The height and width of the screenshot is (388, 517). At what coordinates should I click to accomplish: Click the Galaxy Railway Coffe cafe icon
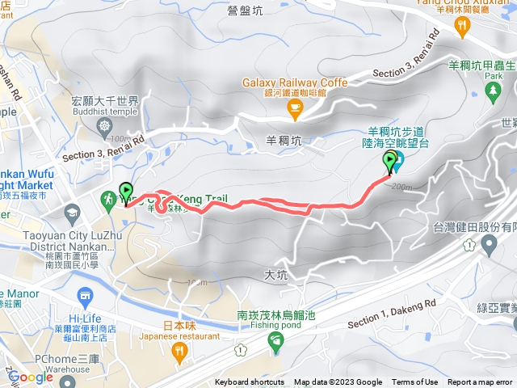click(x=295, y=106)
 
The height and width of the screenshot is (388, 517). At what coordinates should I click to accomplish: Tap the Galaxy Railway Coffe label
click(x=295, y=82)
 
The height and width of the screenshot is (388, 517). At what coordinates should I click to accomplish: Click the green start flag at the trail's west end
click(x=126, y=192)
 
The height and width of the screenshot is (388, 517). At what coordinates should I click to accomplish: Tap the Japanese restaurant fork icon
click(x=179, y=350)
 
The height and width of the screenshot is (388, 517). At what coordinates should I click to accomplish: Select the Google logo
click(x=30, y=377)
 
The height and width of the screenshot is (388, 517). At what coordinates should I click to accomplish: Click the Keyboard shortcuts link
click(x=250, y=382)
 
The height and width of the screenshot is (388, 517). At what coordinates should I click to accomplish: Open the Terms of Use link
click(x=415, y=382)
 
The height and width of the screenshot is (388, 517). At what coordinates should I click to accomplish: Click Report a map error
click(x=480, y=382)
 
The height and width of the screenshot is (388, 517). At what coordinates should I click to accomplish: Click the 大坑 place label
click(x=275, y=275)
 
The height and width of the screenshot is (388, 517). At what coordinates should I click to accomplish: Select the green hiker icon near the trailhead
click(x=108, y=199)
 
